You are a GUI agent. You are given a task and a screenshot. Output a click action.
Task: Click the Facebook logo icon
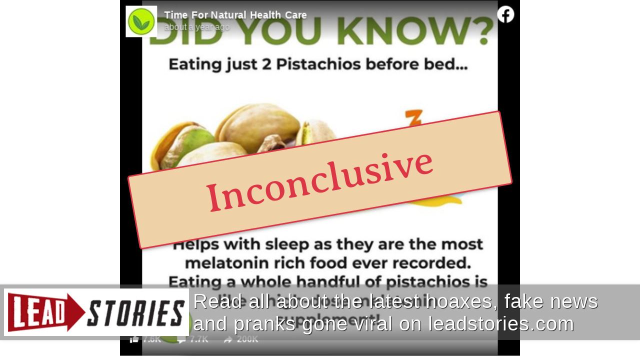tap(505, 14)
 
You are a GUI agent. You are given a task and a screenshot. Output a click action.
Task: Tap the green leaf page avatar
tap(141, 21)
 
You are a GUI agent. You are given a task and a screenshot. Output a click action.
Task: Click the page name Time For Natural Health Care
tap(235, 15)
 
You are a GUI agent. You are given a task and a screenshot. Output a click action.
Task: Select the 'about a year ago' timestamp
tap(197, 27)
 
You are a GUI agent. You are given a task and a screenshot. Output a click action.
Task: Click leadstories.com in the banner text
tap(500, 324)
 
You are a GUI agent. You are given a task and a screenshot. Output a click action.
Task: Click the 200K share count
tap(247, 339)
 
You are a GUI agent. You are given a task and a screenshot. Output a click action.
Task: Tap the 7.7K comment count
tap(199, 339)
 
